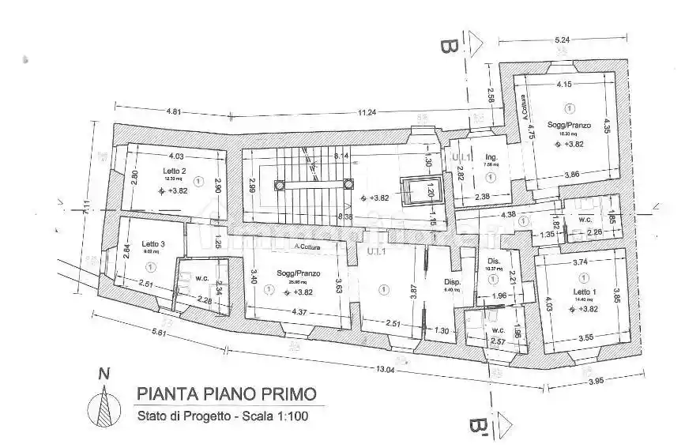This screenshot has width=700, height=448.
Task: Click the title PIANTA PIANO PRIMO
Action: (x=227, y=393)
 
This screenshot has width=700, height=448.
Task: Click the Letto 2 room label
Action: (x=175, y=171)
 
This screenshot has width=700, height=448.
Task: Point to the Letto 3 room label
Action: (x=153, y=243)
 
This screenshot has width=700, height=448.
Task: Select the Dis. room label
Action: (x=494, y=262)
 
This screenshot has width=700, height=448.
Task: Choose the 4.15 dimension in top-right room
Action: (x=563, y=83)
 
